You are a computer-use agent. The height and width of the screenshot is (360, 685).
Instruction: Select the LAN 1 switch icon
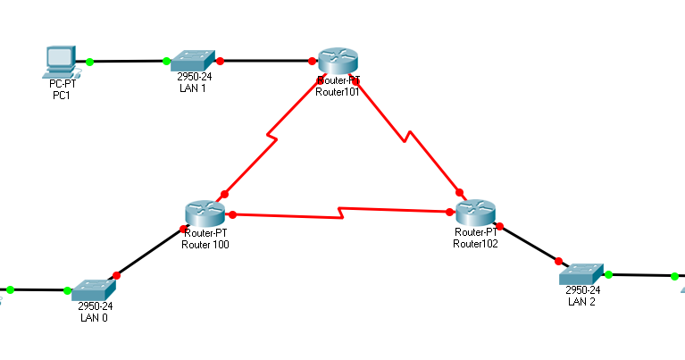pos(192,61)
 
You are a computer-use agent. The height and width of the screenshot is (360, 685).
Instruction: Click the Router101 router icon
pos(337,61)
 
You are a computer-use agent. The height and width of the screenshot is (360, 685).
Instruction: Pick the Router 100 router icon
pos(206,213)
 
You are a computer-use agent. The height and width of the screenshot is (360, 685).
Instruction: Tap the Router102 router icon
pos(474,213)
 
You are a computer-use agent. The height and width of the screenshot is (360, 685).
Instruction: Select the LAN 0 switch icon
pos(92,289)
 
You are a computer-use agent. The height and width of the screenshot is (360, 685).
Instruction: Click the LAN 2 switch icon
pos(582,274)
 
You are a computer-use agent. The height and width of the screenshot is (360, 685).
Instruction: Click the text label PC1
pos(61,96)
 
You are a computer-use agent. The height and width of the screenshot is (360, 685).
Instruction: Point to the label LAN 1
pos(192,88)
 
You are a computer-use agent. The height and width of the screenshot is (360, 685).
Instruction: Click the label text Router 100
pos(205,244)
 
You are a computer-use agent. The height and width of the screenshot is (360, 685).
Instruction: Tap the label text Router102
pos(475,243)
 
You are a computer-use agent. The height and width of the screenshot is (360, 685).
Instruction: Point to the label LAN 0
pos(94,317)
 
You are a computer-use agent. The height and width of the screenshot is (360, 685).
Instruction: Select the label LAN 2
pos(581,301)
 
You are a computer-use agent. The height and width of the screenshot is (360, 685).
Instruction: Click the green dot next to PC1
pos(90,62)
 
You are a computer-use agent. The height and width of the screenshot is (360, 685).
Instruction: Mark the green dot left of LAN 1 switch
pos(167,62)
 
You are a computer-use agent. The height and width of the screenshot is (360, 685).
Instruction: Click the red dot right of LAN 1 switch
pos(220,62)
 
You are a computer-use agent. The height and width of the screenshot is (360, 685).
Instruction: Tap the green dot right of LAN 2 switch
pos(608,274)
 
